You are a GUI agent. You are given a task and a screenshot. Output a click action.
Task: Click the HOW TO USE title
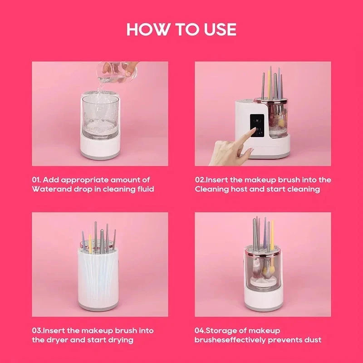[181, 29]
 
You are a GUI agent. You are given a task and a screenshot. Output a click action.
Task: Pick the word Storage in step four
[229, 331]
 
